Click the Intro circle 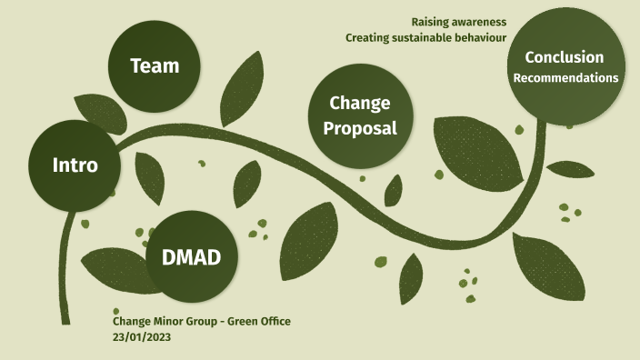75,165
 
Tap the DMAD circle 191,256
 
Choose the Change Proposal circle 361,115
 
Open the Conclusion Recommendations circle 565,67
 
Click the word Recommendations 565,78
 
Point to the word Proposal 361,128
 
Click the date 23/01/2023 142,336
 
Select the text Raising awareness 458,22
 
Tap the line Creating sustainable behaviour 425,38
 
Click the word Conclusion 564,57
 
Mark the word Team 154,65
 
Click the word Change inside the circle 360,103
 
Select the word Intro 75,165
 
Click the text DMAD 191,257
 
